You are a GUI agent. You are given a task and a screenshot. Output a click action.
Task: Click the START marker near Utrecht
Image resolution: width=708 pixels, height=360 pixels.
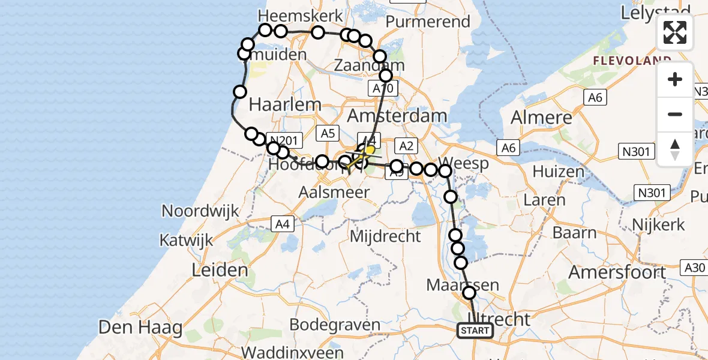(x=475, y=331)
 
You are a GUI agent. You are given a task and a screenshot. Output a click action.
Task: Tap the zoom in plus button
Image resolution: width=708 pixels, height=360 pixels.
(x=675, y=80)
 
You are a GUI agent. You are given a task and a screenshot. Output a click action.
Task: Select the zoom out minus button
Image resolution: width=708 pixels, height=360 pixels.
(x=675, y=115)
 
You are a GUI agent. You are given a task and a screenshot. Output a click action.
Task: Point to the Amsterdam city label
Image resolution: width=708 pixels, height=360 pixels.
(x=397, y=115)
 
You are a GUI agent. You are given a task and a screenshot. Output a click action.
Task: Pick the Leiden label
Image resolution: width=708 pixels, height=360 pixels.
(x=220, y=270)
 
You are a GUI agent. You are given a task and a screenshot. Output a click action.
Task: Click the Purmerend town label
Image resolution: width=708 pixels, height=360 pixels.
(x=428, y=22)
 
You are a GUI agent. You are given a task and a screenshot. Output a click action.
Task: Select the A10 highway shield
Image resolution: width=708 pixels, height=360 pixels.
(x=382, y=89)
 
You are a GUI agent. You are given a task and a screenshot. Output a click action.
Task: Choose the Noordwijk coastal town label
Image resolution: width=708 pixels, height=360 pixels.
(x=200, y=211)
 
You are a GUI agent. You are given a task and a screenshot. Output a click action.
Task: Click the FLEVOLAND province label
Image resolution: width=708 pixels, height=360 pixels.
(x=632, y=61)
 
